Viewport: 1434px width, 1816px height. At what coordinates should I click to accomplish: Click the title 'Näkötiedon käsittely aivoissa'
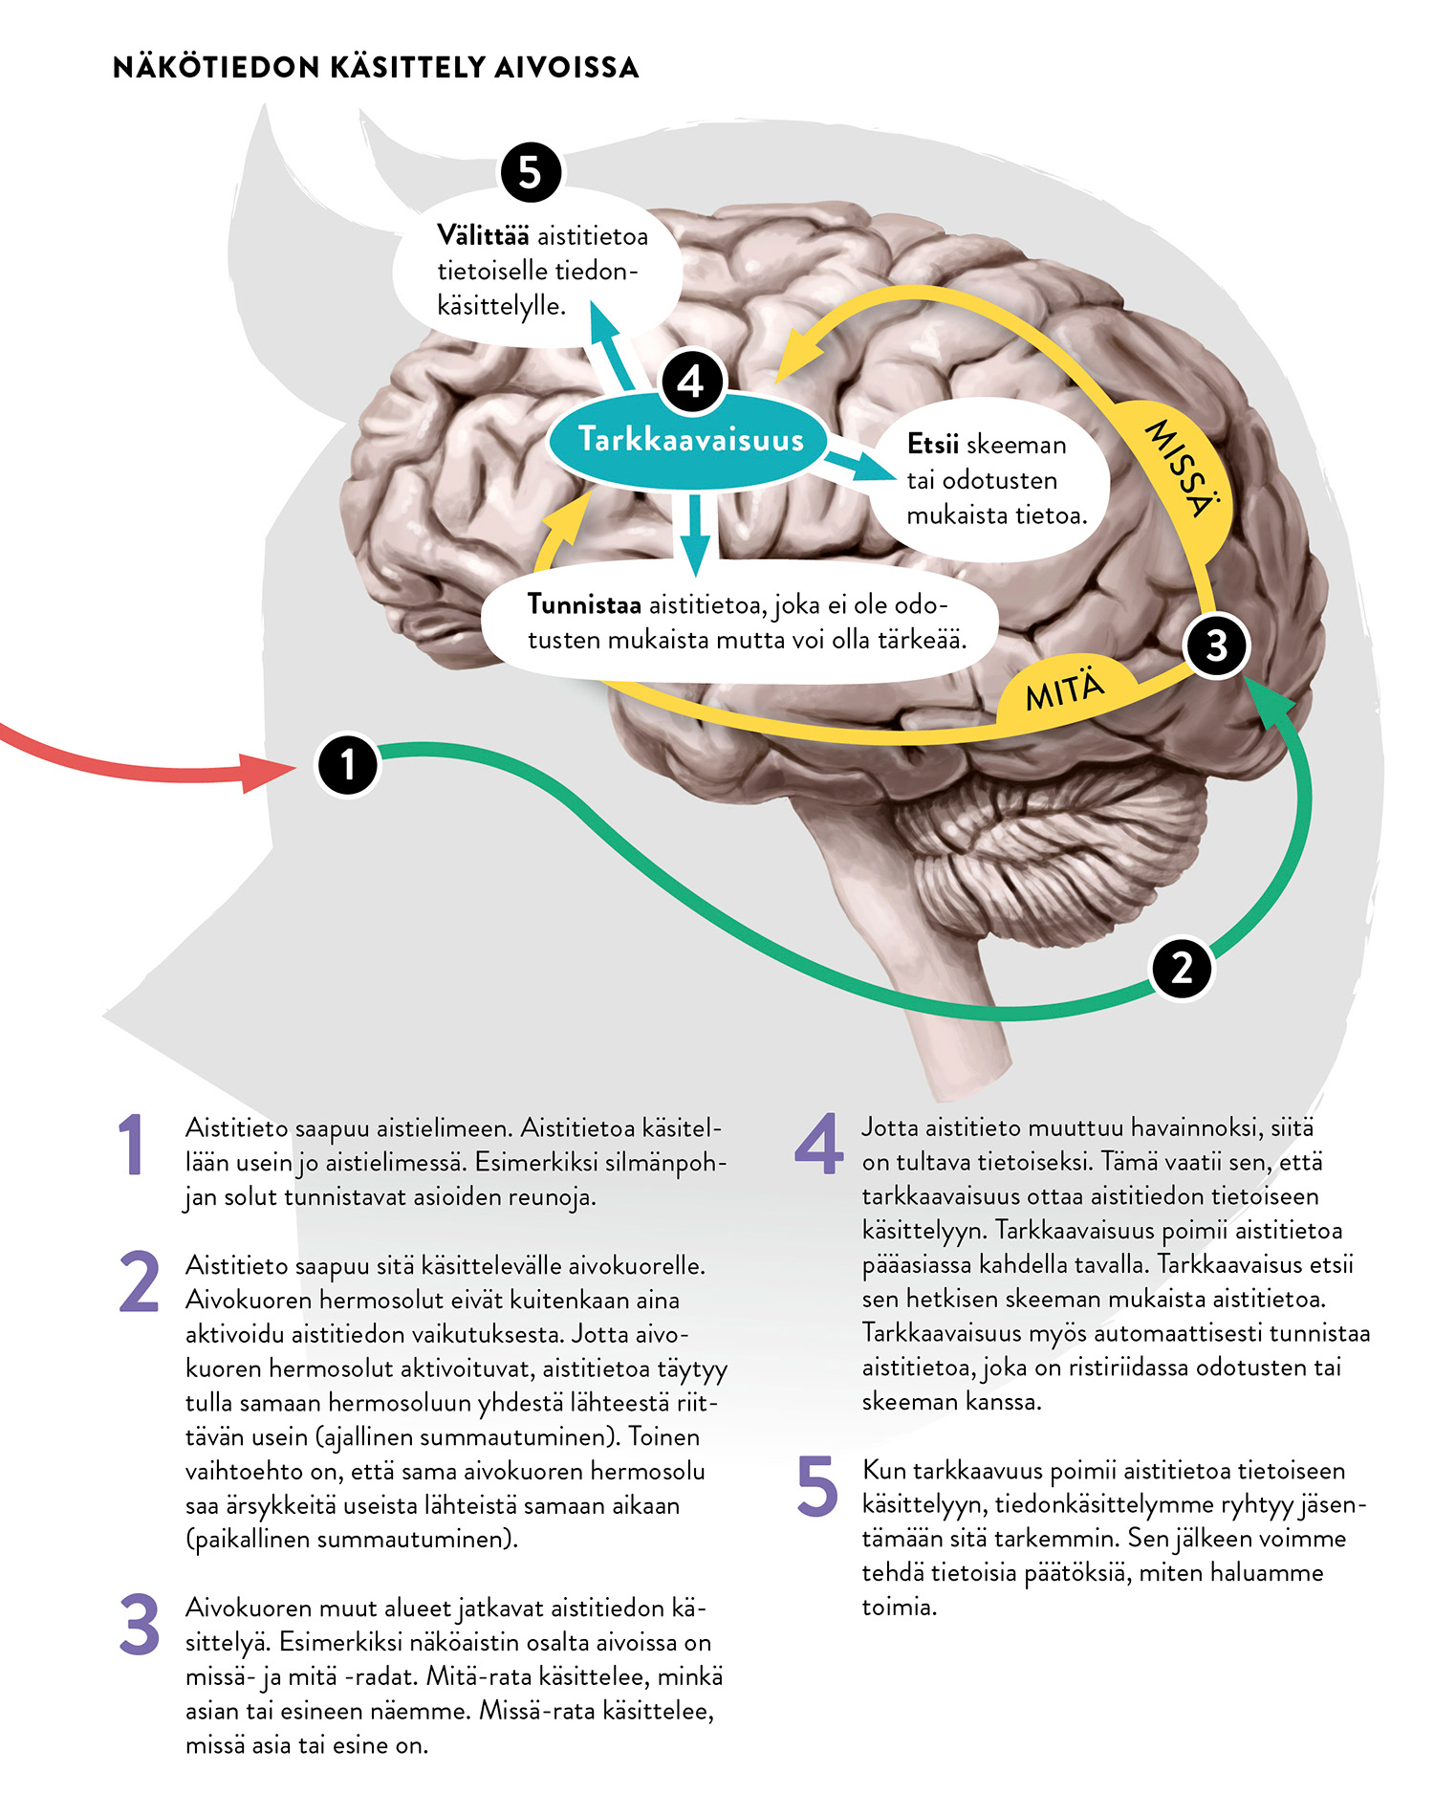[x=375, y=68]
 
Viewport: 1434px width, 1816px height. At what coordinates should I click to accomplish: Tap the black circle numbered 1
[x=347, y=764]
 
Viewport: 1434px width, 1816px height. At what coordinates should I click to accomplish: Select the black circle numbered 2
[x=1182, y=968]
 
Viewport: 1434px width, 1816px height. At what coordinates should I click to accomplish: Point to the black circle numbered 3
[x=1216, y=645]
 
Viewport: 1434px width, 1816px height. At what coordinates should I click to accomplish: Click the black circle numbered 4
[x=692, y=382]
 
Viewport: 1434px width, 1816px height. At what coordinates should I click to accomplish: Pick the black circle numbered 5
[x=531, y=173]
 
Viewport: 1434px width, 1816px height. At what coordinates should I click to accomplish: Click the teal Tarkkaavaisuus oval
[x=690, y=440]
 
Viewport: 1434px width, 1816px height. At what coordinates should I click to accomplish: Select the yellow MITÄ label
[x=1064, y=690]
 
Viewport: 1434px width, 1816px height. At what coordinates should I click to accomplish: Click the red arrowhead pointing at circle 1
[x=263, y=771]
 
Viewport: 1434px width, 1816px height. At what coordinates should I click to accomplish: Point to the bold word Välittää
[x=482, y=235]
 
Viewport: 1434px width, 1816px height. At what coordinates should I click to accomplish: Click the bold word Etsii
[x=932, y=445]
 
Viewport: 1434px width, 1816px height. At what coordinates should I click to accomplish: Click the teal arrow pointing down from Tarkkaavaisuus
[x=695, y=545]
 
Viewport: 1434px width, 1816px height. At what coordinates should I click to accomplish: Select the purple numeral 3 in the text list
[x=140, y=1625]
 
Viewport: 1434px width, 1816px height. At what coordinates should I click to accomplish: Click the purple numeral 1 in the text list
[x=132, y=1144]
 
